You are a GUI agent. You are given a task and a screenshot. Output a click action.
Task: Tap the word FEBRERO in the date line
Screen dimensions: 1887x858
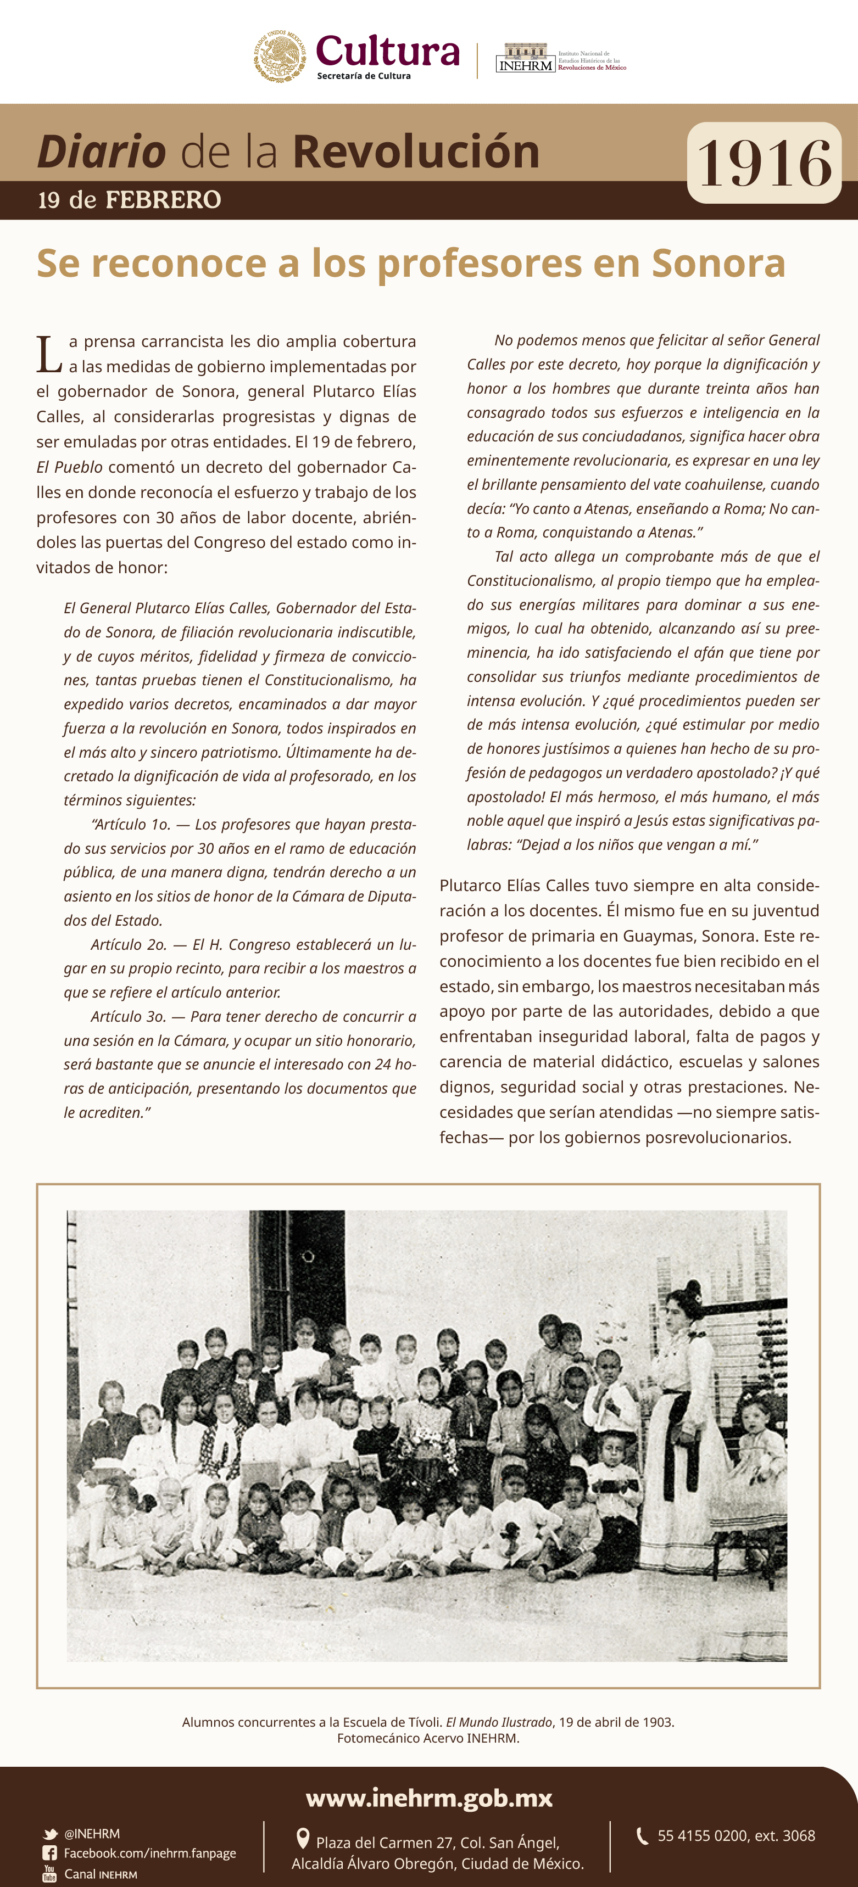pos(163,199)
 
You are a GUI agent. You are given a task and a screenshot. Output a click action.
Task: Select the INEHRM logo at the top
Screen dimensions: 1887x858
pos(525,58)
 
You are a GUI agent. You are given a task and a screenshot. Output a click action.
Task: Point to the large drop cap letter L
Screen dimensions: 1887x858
pos(48,355)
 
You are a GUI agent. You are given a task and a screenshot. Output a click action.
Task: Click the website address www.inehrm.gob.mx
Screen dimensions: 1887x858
pos(428,1799)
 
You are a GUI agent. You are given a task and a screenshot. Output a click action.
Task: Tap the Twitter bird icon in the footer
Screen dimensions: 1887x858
pos(50,1834)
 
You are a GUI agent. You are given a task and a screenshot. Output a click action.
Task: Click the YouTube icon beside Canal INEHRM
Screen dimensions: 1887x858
pos(50,1873)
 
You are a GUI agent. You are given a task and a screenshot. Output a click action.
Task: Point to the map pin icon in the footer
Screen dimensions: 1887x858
pos(302,1838)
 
